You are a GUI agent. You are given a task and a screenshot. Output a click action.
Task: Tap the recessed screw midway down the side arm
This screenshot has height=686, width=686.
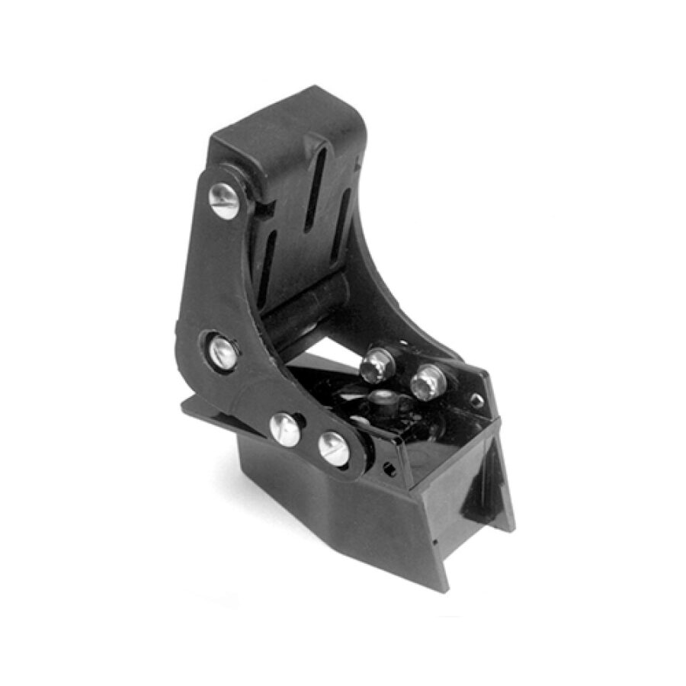coord(223,352)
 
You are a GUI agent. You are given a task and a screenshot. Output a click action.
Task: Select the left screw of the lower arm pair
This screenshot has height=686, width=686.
coord(285,429)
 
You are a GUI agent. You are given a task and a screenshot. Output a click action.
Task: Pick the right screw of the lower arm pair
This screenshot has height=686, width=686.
coord(333,448)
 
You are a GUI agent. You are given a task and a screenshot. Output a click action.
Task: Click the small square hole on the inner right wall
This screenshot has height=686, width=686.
coord(476,401)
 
